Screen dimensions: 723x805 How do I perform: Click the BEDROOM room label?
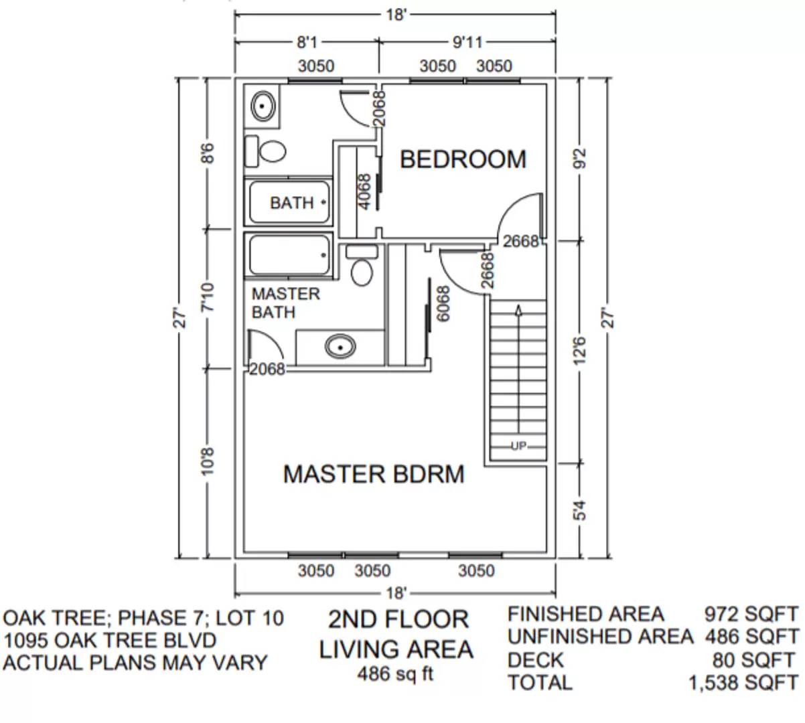tap(463, 159)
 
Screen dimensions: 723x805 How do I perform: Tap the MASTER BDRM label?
tap(373, 474)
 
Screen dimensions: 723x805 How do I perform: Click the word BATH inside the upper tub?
tap(291, 202)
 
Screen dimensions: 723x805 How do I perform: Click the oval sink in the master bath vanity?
tap(340, 347)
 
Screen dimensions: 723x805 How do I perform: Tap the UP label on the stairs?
tap(518, 446)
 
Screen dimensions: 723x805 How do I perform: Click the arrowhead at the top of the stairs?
tap(518, 309)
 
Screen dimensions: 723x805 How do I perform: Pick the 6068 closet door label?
tap(443, 305)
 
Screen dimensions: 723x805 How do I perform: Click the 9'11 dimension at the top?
tap(467, 43)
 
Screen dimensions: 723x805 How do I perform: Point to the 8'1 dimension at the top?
tap(307, 43)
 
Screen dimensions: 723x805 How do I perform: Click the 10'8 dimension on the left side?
tap(208, 462)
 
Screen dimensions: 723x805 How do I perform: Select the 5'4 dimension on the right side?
tap(580, 509)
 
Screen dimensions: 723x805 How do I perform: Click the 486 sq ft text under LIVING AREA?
tap(395, 674)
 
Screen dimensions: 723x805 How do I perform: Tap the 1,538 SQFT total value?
tap(743, 683)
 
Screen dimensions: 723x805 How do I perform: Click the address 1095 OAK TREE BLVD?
tap(110, 641)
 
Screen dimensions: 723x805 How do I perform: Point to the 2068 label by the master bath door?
tap(267, 369)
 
